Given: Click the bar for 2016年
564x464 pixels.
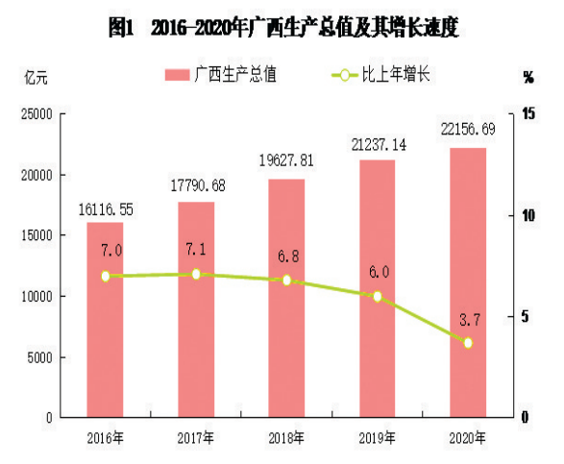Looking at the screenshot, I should coord(105,320).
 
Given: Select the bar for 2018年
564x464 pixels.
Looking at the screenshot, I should coord(286,298).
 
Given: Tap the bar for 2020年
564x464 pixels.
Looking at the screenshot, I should coord(468,282).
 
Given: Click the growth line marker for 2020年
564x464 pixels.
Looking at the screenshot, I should coord(468,342).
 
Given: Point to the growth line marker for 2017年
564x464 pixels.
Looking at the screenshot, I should coord(196,274).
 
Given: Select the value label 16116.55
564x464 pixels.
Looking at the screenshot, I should coord(105,209).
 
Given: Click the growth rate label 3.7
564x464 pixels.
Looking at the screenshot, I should coord(468,318).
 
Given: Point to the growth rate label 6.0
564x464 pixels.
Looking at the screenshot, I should coord(378,273).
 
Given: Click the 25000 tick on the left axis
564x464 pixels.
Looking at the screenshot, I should coord(35,114).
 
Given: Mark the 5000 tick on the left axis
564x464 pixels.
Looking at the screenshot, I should coord(38,357).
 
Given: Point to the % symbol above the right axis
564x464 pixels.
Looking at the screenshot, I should coord(529,75).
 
